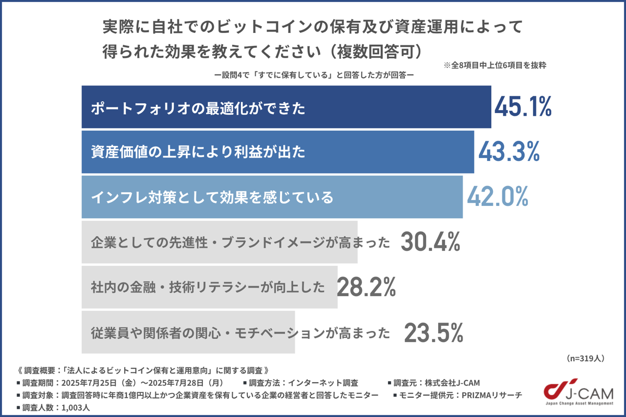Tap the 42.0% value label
point(498,197)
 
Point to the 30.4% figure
point(430,242)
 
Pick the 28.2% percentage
point(367,287)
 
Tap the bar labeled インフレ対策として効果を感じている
point(272,197)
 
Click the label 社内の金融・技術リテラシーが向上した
point(208,287)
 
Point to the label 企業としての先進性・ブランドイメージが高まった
point(240,242)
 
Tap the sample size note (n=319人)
point(585,358)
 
